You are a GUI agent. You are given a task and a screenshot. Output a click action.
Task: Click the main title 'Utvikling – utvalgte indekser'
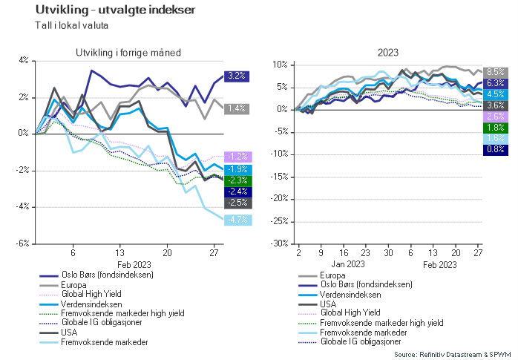pyautogui.click(x=109, y=10)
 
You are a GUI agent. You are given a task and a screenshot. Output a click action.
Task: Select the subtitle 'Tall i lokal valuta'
pyautogui.click(x=76, y=25)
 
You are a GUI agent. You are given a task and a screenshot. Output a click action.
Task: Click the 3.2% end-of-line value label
pyautogui.click(x=237, y=76)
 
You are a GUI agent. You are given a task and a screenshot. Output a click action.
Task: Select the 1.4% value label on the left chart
pyautogui.click(x=237, y=108)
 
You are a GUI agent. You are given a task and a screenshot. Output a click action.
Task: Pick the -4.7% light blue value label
pyautogui.click(x=237, y=220)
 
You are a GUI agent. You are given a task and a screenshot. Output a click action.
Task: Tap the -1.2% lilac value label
pyautogui.click(x=237, y=157)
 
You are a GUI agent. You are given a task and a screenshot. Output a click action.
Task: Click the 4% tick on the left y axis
pyautogui.click(x=23, y=60)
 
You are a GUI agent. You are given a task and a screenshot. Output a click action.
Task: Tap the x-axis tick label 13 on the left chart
pyautogui.click(x=119, y=252)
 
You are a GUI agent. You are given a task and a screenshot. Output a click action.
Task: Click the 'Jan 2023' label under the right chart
pyautogui.click(x=348, y=264)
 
